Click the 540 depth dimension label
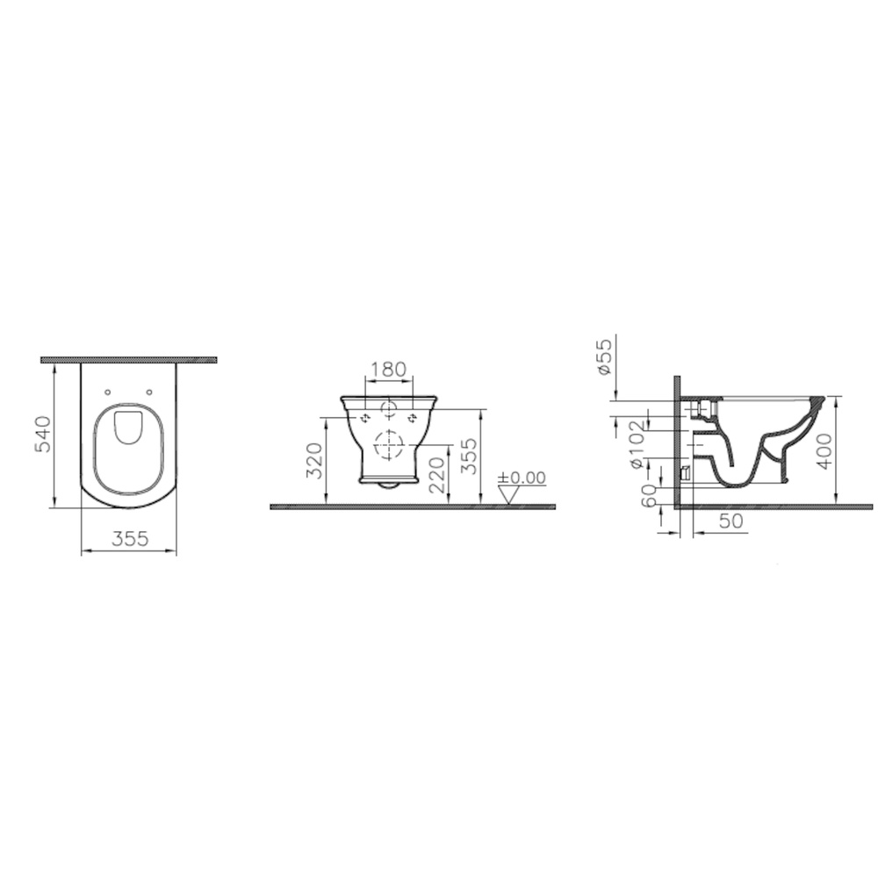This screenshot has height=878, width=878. pyautogui.click(x=43, y=434)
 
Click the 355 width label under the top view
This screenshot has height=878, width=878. pyautogui.click(x=130, y=539)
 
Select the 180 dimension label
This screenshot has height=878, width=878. pyautogui.click(x=389, y=369)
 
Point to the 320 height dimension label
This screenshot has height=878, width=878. pyautogui.click(x=316, y=460)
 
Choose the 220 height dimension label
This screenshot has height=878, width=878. pyautogui.click(x=438, y=475)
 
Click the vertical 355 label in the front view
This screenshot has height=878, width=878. pyautogui.click(x=471, y=456)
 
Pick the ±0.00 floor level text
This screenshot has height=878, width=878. pyautogui.click(x=522, y=478)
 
